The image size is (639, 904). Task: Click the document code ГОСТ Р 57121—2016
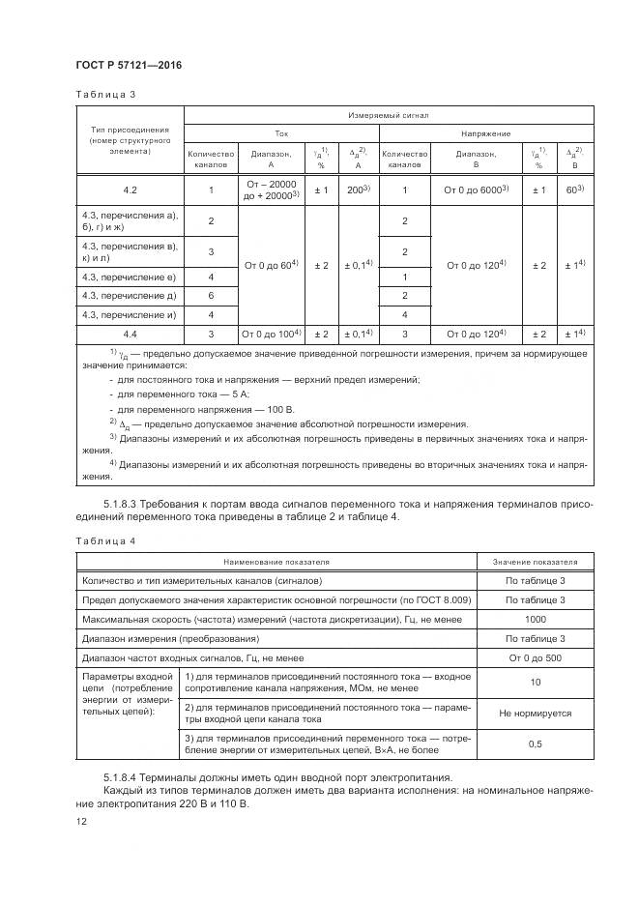point(128,65)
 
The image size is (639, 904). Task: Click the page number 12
point(80,821)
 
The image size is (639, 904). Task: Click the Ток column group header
point(281,133)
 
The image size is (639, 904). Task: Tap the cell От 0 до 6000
point(476,190)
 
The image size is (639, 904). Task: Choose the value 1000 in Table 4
point(535,619)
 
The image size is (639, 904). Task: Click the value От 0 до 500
point(535,657)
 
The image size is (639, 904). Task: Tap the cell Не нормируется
point(535,713)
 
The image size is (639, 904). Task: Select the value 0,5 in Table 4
point(535,745)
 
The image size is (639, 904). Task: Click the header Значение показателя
point(535,561)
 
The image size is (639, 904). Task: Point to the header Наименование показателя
point(276,561)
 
